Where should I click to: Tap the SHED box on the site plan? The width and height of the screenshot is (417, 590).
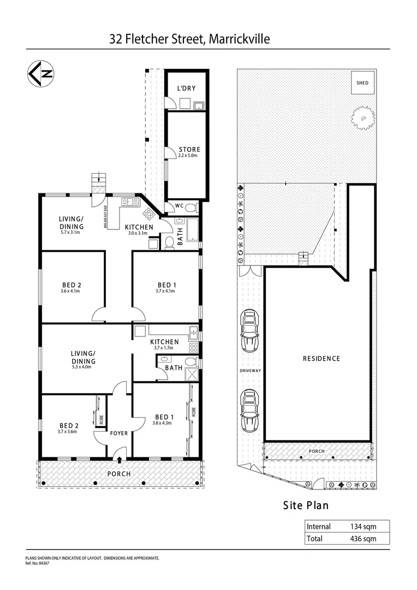(362, 83)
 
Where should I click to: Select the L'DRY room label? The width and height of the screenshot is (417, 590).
(186, 88)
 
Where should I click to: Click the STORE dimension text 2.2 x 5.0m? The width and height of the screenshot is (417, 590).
(189, 156)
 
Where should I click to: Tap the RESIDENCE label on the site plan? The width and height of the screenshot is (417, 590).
(321, 358)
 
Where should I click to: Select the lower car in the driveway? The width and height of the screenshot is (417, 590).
(249, 410)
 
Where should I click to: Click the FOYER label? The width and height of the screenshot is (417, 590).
(119, 433)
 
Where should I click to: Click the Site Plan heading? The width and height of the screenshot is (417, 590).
(306, 505)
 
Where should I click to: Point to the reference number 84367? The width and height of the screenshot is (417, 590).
(41, 562)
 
